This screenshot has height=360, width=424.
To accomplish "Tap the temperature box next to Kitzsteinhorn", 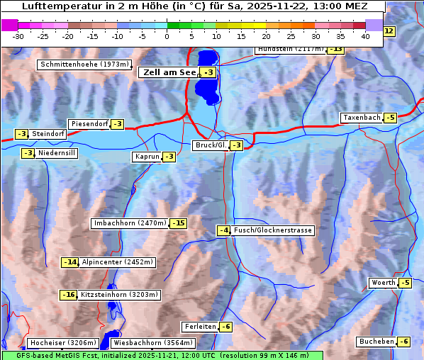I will click(69, 295).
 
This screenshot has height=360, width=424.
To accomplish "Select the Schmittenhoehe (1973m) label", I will click(84, 64).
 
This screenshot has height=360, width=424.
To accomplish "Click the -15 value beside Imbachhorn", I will click(178, 223).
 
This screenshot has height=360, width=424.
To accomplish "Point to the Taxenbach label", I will click(361, 118).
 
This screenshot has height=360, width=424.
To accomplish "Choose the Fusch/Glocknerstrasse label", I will click(272, 230).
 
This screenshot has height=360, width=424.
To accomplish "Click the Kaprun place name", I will click(147, 157).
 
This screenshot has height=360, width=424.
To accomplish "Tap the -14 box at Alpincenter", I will click(70, 262).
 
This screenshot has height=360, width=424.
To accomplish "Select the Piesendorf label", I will click(89, 124).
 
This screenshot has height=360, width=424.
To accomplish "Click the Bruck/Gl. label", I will click(211, 145).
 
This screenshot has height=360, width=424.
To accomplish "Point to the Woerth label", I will click(383, 283).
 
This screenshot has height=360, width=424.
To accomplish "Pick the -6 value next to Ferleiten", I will click(225, 327).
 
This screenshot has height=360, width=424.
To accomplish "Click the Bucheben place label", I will click(376, 342).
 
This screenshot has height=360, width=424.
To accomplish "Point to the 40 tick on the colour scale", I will click(365, 35).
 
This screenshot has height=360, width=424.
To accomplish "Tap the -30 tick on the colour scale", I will click(18, 35).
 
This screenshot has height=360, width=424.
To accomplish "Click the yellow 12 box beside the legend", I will click(389, 31).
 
